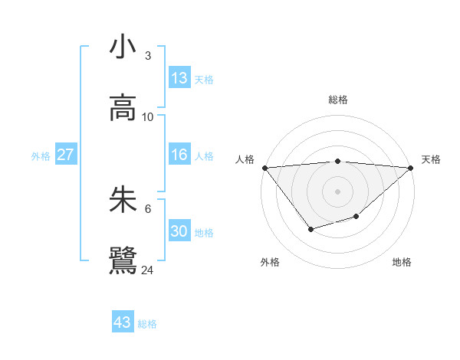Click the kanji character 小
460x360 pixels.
(123, 47)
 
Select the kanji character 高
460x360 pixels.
(123, 108)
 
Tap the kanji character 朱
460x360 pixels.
(123, 200)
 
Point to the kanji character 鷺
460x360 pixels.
(123, 261)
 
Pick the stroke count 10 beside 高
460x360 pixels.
(148, 116)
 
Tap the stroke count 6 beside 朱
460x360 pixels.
(148, 208)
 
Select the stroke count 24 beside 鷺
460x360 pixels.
(148, 270)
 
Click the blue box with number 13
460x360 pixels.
(179, 78)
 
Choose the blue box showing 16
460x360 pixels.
(179, 155)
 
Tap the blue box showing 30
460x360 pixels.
(179, 231)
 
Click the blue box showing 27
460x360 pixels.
(65, 155)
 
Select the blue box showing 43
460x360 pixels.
(123, 322)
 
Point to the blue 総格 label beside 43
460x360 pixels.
(147, 324)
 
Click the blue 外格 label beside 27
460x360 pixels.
(41, 156)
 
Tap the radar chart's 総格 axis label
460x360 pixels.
(338, 100)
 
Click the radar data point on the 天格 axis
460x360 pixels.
(411, 168)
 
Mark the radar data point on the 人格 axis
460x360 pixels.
(264, 168)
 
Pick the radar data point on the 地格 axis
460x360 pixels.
(356, 217)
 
